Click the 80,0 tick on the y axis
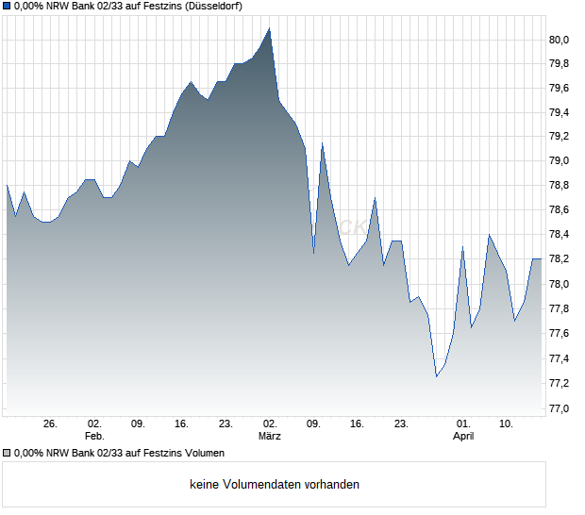pyautogui.click(x=561, y=40)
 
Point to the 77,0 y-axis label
pyautogui.click(x=561, y=408)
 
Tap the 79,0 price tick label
pyautogui.click(x=561, y=162)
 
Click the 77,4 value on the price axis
pyautogui.click(x=561, y=359)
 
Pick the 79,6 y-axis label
pyautogui.click(x=561, y=89)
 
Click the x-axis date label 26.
pyautogui.click(x=51, y=424)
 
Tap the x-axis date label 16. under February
pyautogui.click(x=182, y=424)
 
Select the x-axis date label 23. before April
pyautogui.click(x=401, y=424)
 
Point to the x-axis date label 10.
pyautogui.click(x=507, y=424)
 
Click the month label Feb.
pyautogui.click(x=94, y=437)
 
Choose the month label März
pyautogui.click(x=270, y=437)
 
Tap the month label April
pyautogui.click(x=463, y=437)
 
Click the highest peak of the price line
pyautogui.click(x=270, y=28)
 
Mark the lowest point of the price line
pyautogui.click(x=436, y=377)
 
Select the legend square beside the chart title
pyautogui.click(x=7, y=7)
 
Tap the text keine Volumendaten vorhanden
pyautogui.click(x=275, y=485)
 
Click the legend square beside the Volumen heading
pyautogui.click(x=7, y=454)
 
